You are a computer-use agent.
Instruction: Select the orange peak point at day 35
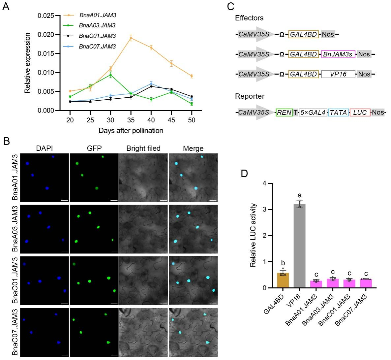pyautogui.click(x=131, y=38)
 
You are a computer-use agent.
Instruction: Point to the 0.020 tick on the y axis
pyautogui.click(x=46, y=35)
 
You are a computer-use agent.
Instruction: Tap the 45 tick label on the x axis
pyautogui.click(x=171, y=120)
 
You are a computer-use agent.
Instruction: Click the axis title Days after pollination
pyautogui.click(x=131, y=131)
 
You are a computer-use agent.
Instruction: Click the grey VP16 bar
pyautogui.click(x=299, y=246)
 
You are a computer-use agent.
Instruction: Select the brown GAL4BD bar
pyautogui.click(x=283, y=280)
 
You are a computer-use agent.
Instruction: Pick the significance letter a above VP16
pyautogui.click(x=300, y=195)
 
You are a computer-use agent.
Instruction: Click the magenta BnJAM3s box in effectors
pyautogui.click(x=338, y=54)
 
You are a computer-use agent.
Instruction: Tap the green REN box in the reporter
pyautogui.click(x=284, y=113)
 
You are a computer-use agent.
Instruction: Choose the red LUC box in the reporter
pyautogui.click(x=360, y=113)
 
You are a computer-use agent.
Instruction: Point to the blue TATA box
pyautogui.click(x=338, y=113)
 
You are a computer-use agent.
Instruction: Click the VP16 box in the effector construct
pyautogui.click(x=338, y=74)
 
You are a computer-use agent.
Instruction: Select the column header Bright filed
pyautogui.click(x=143, y=148)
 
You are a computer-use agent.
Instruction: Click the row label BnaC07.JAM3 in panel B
pyautogui.click(x=15, y=332)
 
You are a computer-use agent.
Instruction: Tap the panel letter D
pyautogui.click(x=244, y=173)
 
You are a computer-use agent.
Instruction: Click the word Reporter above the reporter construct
pyautogui.click(x=250, y=96)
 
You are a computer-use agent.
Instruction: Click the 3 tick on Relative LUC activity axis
pyautogui.click(x=265, y=210)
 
